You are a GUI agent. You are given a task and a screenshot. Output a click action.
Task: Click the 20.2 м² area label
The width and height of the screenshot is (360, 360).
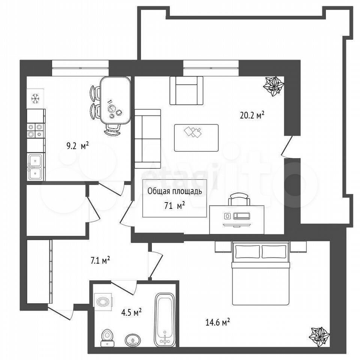click(252, 115)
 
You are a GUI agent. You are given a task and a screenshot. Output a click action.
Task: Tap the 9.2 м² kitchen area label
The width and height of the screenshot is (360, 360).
click(78, 146)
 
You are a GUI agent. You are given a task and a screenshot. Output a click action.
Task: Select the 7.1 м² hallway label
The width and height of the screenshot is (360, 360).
click(100, 261)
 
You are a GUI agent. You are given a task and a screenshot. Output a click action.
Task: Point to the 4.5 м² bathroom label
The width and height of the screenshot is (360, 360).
click(131, 312)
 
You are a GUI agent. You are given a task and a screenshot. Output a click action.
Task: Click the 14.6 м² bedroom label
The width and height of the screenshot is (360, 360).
click(217, 322)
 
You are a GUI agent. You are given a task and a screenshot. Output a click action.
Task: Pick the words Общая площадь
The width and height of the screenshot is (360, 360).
click(174, 192)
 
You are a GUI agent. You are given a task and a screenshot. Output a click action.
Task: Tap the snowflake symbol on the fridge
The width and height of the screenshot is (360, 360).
click(35, 98)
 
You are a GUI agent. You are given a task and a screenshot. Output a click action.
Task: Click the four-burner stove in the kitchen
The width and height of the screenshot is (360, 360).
click(36, 130)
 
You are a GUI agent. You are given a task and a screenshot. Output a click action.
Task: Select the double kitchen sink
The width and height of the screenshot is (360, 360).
click(36, 166)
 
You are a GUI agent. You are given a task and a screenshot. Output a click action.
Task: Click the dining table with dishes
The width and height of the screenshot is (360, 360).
click(115, 100)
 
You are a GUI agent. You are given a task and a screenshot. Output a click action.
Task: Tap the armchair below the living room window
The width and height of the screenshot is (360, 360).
click(186, 91)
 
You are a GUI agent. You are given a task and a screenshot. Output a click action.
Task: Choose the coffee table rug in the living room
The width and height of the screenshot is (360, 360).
click(196, 138)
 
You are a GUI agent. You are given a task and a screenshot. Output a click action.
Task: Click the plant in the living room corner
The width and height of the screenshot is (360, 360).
click(273, 86)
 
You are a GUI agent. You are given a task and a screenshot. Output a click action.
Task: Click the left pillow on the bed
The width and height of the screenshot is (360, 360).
click(247, 252)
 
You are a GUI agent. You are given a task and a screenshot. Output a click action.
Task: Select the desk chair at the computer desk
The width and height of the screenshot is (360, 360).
click(239, 199)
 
